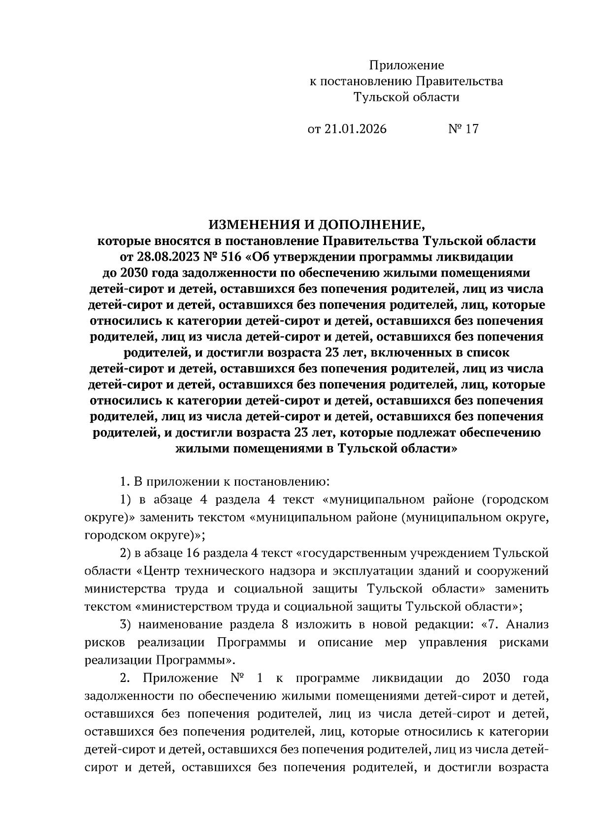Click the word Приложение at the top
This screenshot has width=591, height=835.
point(406,65)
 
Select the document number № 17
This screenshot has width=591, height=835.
point(463,129)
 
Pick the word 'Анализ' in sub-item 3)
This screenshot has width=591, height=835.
point(527,625)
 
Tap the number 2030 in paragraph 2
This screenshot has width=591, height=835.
point(493,678)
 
